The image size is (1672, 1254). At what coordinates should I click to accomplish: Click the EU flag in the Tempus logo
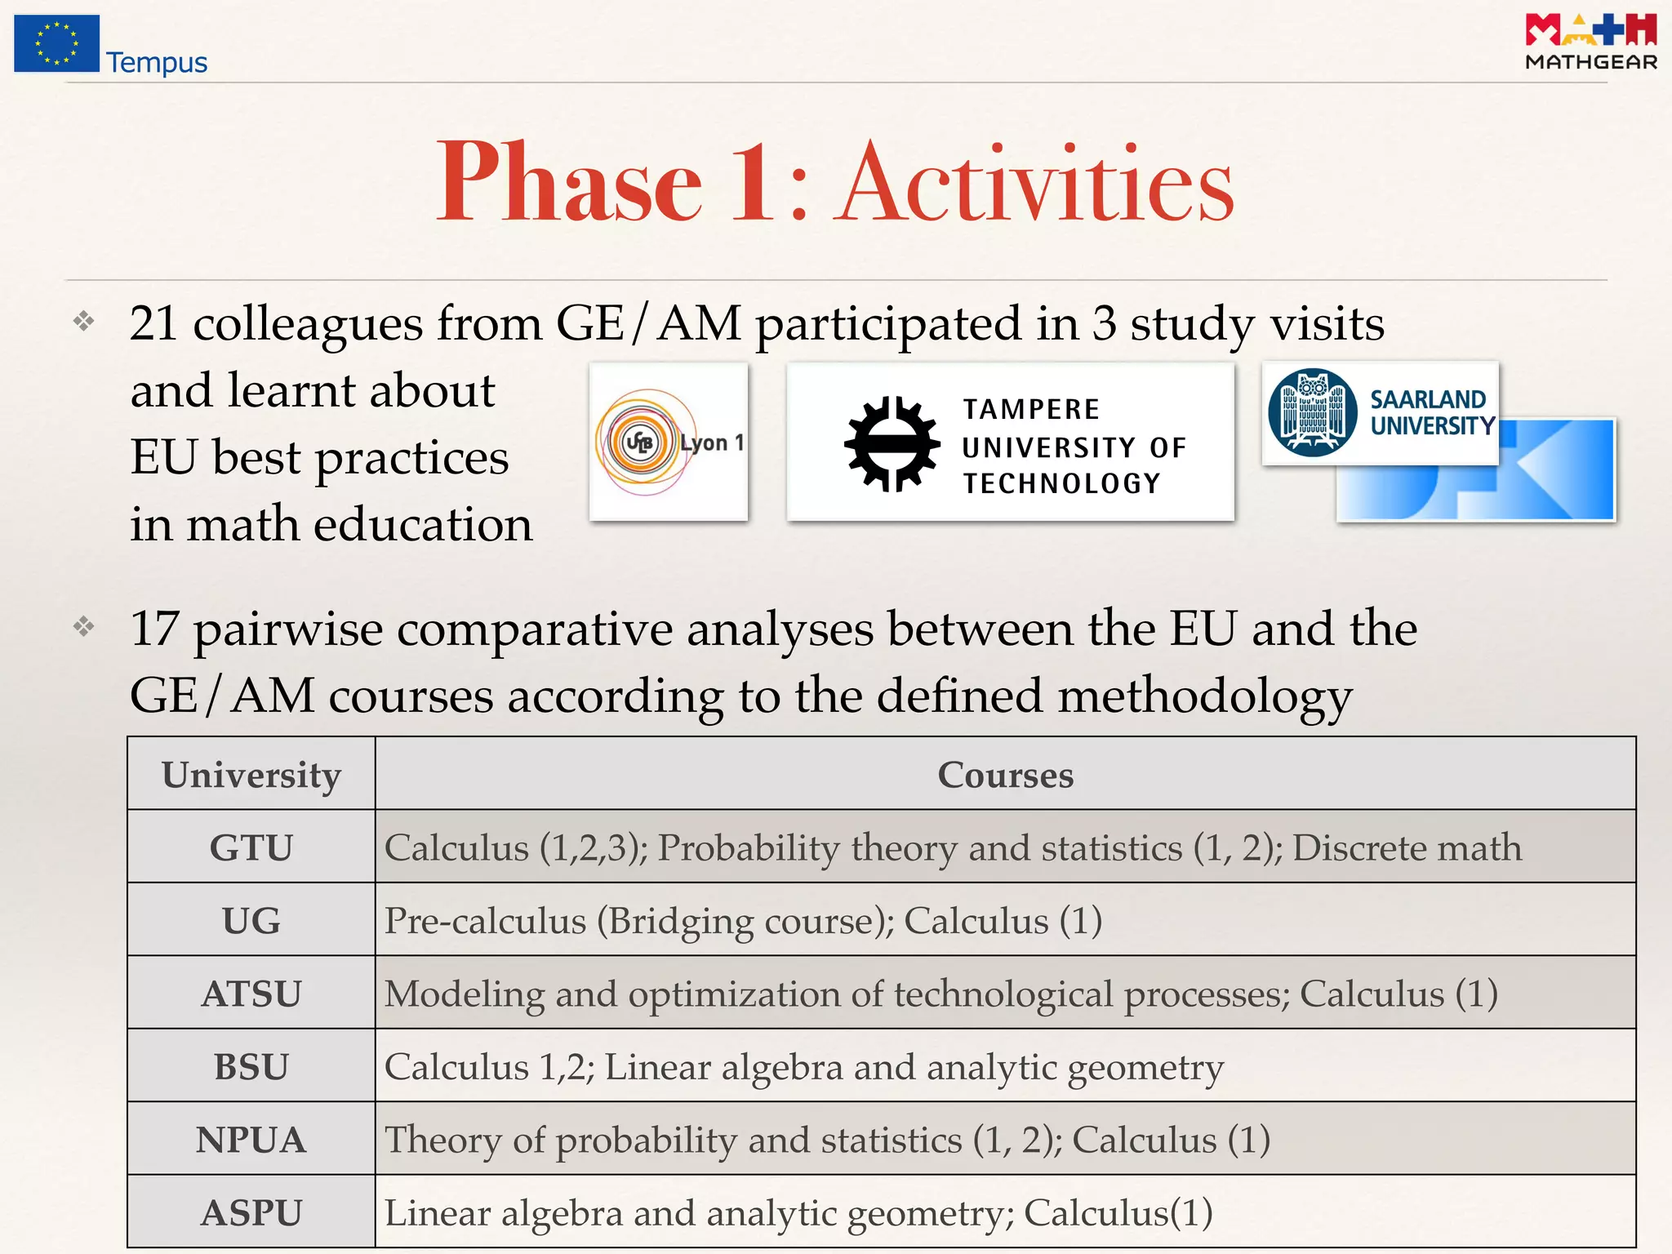[56, 43]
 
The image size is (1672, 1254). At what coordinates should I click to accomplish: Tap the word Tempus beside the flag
[157, 63]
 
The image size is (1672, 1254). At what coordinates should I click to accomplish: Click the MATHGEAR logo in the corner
[1590, 42]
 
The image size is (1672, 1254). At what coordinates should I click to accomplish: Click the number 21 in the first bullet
[153, 323]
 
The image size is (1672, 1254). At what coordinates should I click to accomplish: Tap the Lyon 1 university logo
[669, 442]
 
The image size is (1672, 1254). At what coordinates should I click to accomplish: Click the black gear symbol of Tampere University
[891, 444]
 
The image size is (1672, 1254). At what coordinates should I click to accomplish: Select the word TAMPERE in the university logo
[1031, 409]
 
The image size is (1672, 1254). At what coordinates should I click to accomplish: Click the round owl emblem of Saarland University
[1312, 412]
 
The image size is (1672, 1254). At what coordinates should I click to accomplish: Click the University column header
[251, 775]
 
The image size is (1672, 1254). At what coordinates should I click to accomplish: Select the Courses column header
[1005, 775]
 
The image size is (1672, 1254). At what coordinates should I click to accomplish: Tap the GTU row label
[251, 847]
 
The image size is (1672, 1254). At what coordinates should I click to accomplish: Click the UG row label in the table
[251, 921]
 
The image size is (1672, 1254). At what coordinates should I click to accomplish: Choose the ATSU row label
[251, 994]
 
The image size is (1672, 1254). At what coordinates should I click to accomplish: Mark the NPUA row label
[251, 1140]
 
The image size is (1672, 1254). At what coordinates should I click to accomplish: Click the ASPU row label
[251, 1212]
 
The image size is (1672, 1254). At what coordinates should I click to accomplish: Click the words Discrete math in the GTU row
[1407, 847]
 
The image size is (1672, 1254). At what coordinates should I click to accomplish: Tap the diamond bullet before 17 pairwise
[83, 627]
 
